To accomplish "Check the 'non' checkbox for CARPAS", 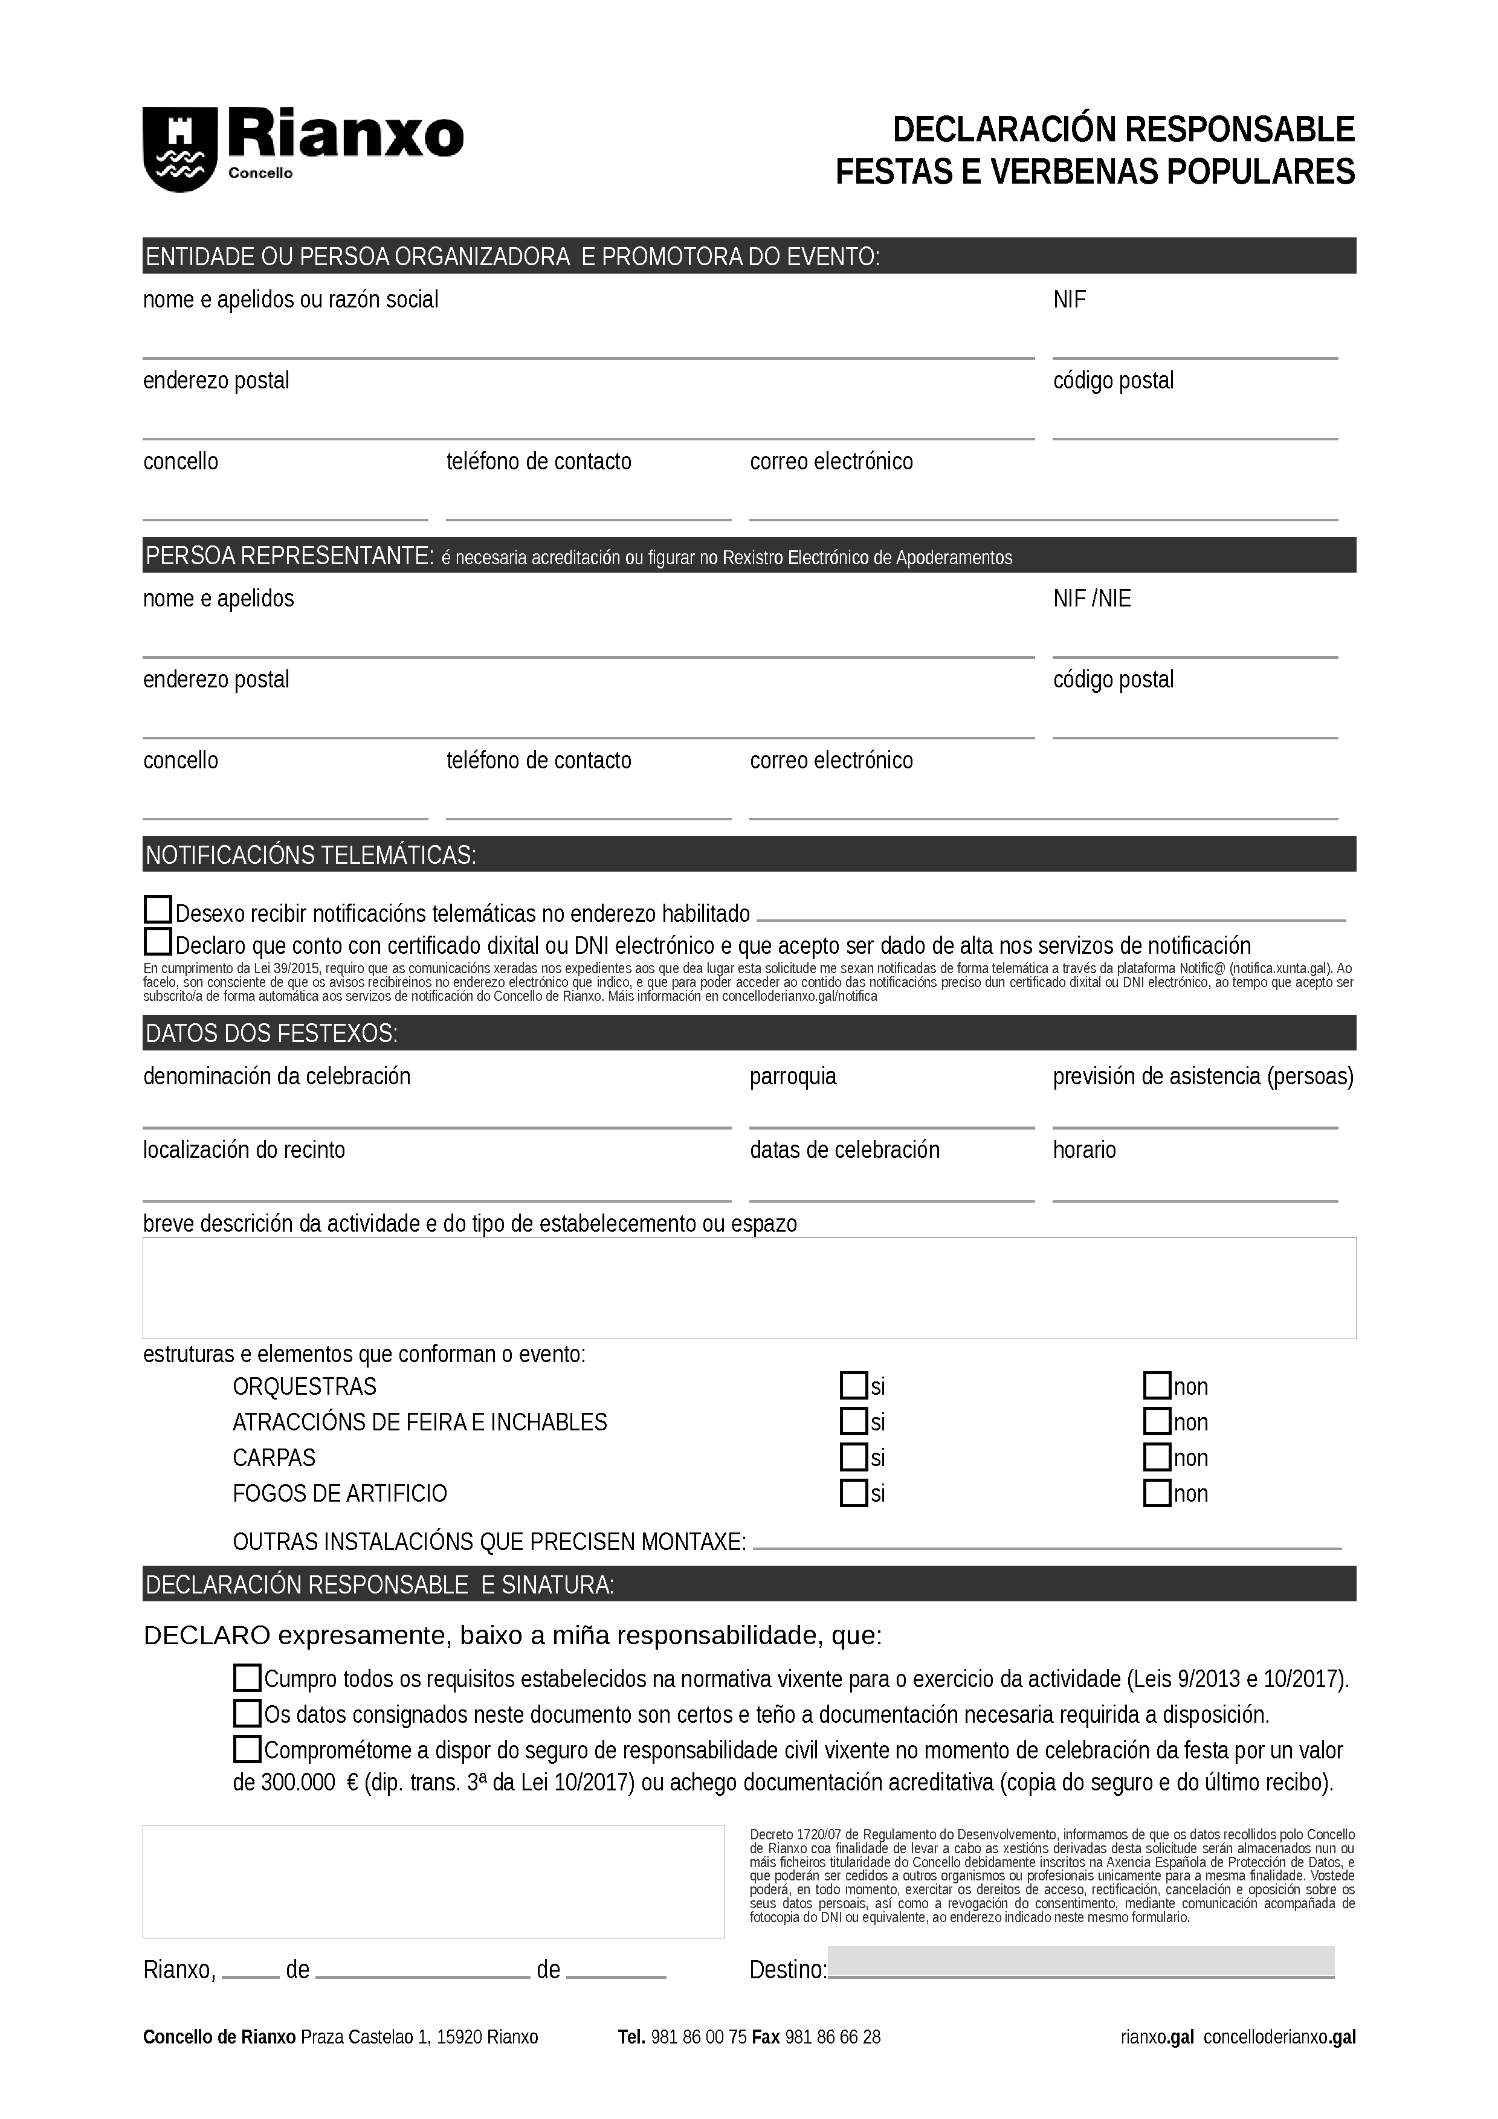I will tap(1157, 1458).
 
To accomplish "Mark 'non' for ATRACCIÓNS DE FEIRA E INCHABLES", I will tap(1157, 1421).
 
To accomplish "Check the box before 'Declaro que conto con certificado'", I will tap(158, 942).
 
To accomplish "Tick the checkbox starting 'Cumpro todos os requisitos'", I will tap(247, 1677).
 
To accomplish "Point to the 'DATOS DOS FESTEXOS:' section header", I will tap(271, 1034).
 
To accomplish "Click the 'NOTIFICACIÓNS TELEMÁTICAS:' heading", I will tap(310, 855).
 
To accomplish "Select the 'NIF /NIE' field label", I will tap(1092, 599).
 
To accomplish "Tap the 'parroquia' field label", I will tap(793, 1076).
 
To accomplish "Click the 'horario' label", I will tap(1085, 1150).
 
